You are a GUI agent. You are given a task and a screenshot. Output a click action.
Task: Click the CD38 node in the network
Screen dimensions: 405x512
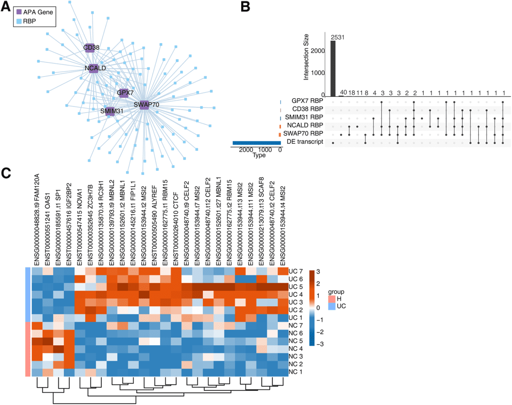[x=91, y=47]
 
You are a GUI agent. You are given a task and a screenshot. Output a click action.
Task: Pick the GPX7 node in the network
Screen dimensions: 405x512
[x=124, y=92]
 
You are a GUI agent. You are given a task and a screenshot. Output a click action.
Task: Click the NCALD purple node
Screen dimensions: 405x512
[x=93, y=68]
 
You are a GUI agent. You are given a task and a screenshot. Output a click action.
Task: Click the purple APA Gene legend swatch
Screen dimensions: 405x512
[x=19, y=12]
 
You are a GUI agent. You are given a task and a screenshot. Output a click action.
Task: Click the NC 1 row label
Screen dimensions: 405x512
[x=295, y=372]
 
